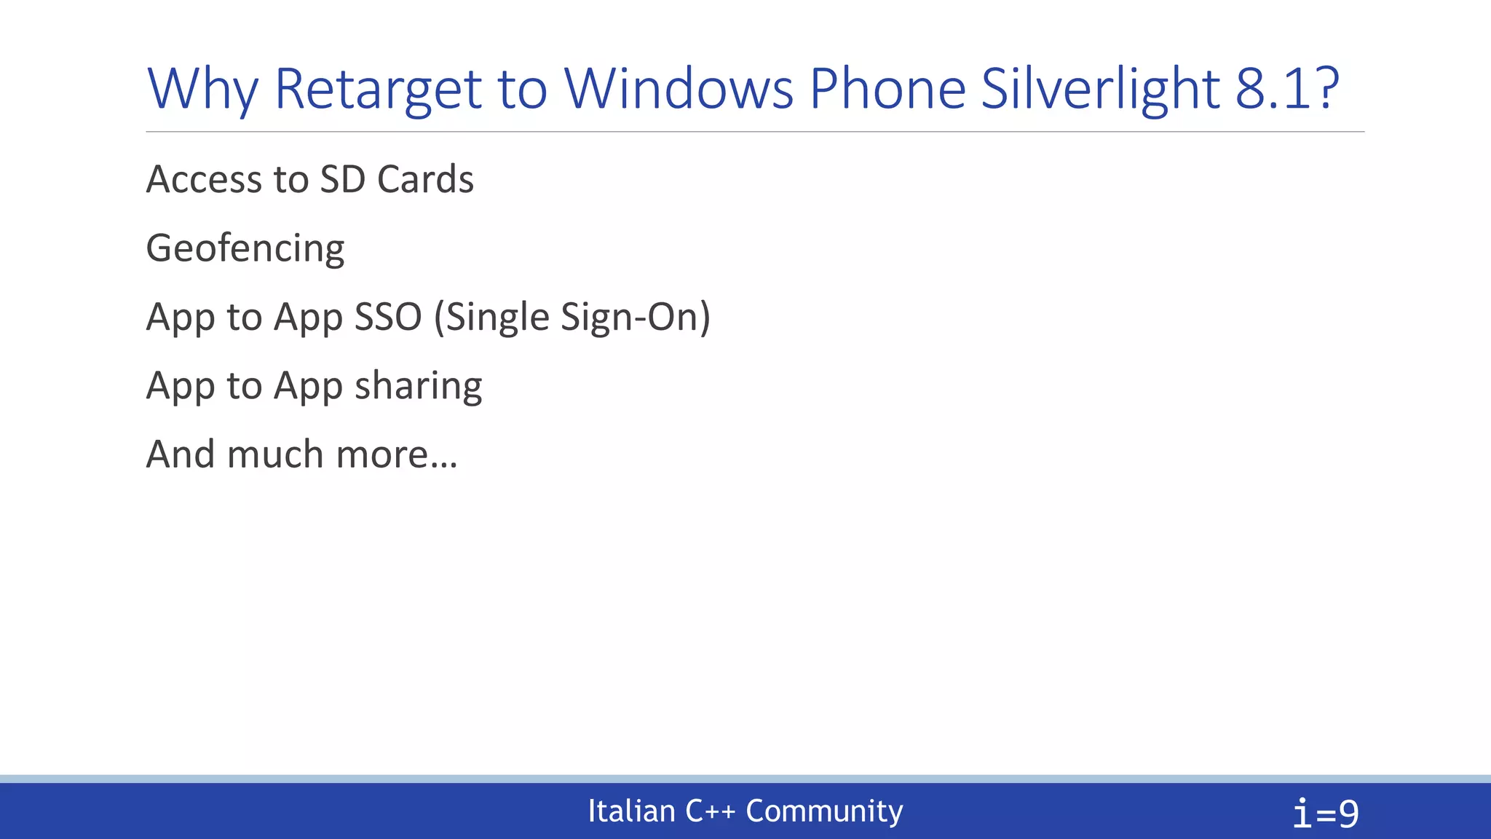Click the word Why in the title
pos(202,90)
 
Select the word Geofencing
pos(245,248)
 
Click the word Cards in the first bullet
pos(425,179)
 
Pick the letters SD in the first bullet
pos(342,179)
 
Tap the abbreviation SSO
pos(388,317)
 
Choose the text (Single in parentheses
pos(491,317)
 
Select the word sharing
pos(418,386)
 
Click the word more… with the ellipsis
pos(397,454)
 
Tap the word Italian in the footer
pos(631,811)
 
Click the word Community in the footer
pos(824,811)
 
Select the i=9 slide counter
pos(1325,813)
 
